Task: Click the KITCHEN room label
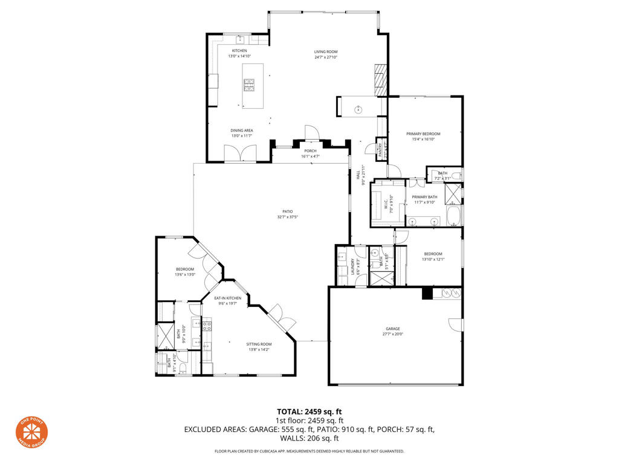[x=239, y=51]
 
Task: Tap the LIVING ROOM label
[x=325, y=51]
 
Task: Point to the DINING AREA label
[x=241, y=130]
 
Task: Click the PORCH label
[x=310, y=151]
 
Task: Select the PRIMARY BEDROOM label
[x=423, y=134]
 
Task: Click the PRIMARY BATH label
[x=424, y=197]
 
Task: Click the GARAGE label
[x=393, y=329]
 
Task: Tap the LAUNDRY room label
[x=352, y=263]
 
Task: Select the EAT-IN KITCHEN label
[x=228, y=298]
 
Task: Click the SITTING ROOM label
[x=259, y=344]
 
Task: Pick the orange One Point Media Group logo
[x=31, y=432]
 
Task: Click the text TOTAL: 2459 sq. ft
[x=309, y=412]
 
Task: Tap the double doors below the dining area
[x=239, y=154]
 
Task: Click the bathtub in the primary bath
[x=453, y=216]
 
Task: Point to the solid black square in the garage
[x=427, y=293]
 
